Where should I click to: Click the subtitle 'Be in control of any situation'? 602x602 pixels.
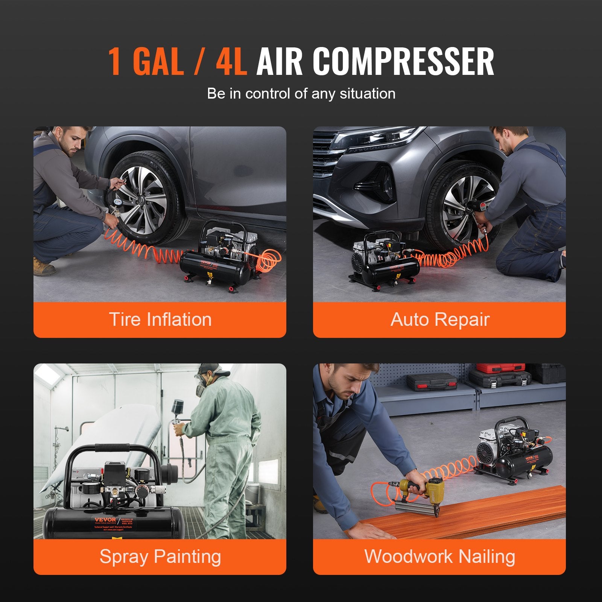301,94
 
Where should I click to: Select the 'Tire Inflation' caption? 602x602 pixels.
160,319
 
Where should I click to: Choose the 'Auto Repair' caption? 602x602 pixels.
439,319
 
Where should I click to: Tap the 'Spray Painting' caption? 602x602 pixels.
160,556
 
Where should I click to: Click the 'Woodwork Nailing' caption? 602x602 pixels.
439,556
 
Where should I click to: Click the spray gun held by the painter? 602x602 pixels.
177,414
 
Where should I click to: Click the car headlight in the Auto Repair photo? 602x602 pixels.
380,137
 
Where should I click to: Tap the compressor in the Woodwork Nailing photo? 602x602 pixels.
512,451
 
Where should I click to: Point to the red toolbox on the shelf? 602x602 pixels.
500,368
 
